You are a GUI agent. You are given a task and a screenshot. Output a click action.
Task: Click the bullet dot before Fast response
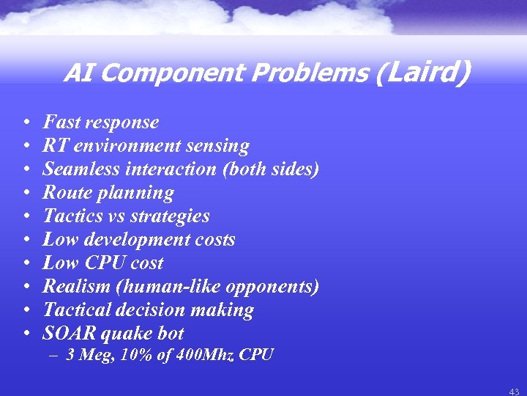(x=26, y=122)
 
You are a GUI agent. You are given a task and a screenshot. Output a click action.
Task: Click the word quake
(x=124, y=334)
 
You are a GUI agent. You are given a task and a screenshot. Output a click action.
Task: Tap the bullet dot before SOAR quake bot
(x=26, y=334)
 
